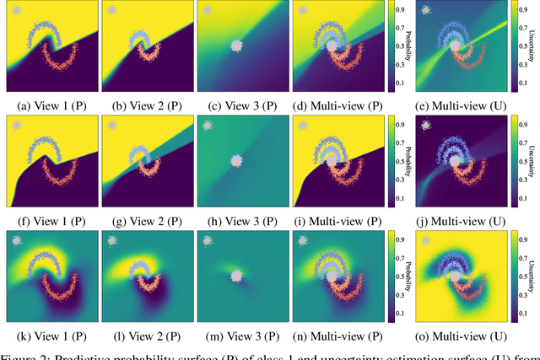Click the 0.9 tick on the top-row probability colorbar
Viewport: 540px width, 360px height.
400,12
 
